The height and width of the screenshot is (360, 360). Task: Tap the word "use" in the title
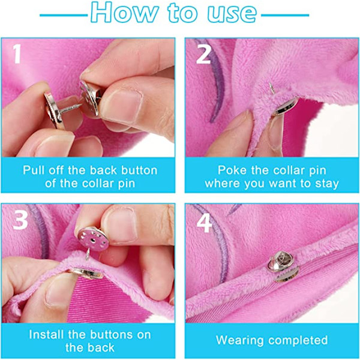232,13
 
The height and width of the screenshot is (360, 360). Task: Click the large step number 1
17,54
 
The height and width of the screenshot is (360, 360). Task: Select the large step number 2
203,54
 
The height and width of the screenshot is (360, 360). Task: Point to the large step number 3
20,220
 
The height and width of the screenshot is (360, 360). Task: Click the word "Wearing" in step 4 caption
239,340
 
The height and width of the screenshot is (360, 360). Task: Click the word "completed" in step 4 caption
297,340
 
